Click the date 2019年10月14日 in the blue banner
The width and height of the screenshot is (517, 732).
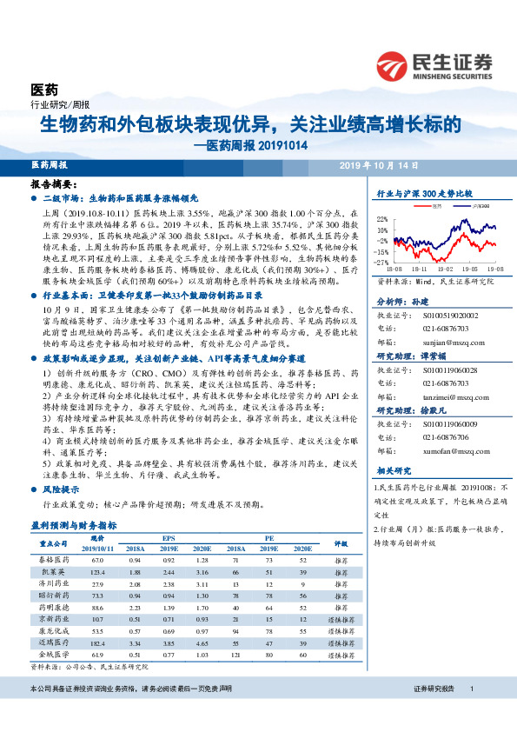pos(381,164)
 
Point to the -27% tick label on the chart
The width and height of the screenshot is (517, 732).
pos(382,262)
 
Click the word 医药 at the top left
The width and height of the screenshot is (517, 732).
pos(44,90)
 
